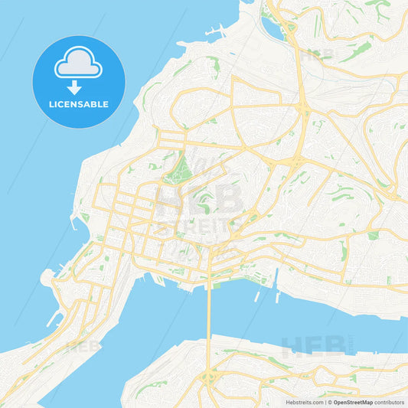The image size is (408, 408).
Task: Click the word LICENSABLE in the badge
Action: [79, 103]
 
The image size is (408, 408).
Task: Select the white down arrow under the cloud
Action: [78, 86]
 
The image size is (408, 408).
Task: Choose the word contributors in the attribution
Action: [390, 401]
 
